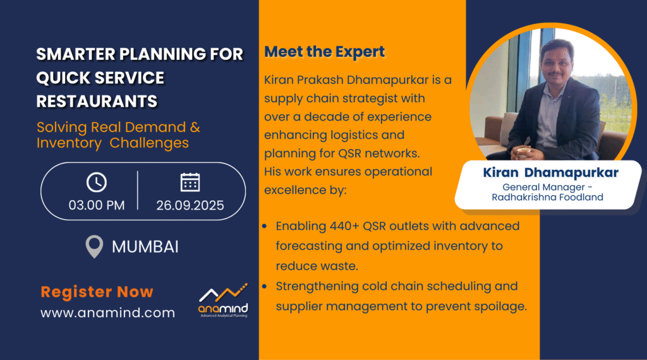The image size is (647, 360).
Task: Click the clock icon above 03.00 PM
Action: (x=97, y=183)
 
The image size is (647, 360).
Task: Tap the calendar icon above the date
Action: (x=190, y=183)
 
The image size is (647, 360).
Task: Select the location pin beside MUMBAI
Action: (x=94, y=246)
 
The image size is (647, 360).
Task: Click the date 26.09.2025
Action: (x=190, y=205)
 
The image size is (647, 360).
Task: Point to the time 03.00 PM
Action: (x=97, y=205)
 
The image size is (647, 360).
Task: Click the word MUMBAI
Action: (x=145, y=247)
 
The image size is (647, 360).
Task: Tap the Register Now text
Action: (x=97, y=292)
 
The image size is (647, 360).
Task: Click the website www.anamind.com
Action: (x=107, y=313)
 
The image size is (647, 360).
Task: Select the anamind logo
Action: (x=223, y=301)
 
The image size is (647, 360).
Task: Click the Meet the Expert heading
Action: (x=324, y=52)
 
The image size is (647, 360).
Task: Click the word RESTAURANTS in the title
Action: (x=97, y=102)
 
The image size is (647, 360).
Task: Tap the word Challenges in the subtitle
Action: (x=149, y=143)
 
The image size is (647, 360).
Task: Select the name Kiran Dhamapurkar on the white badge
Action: (x=550, y=172)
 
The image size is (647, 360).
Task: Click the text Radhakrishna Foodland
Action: (x=547, y=198)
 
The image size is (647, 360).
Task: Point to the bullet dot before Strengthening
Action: (x=265, y=286)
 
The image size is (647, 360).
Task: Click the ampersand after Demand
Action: (x=195, y=128)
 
